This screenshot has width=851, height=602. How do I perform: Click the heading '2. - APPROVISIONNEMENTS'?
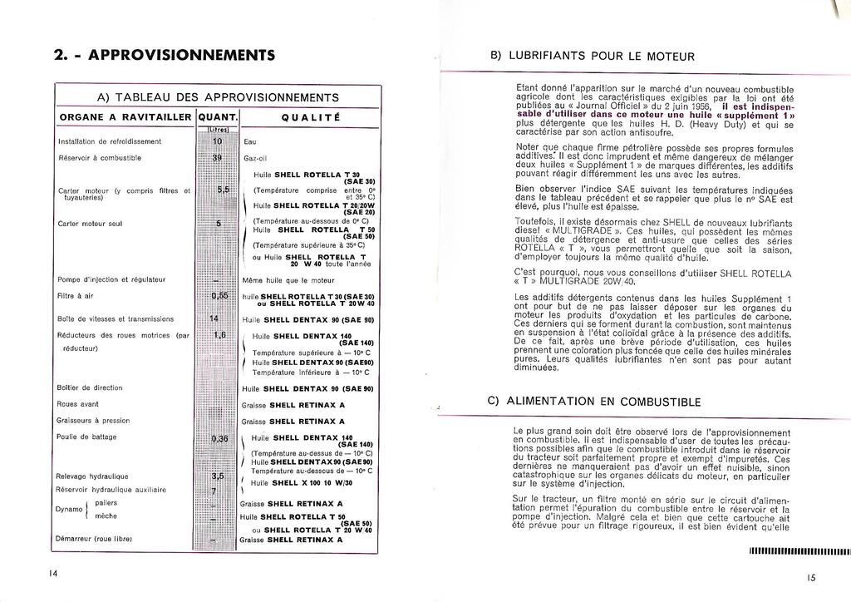pyautogui.click(x=164, y=56)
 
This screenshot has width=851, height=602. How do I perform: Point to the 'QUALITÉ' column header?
pyautogui.click(x=308, y=117)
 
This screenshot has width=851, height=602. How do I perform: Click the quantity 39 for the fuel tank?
pyautogui.click(x=218, y=157)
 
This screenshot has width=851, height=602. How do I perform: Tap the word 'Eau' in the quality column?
pyautogui.click(x=250, y=141)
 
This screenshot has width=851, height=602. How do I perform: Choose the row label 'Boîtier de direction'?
pyautogui.click(x=90, y=387)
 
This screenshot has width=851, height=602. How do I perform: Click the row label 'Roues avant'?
pyautogui.click(x=79, y=404)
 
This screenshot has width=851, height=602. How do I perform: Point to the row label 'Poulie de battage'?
pyautogui.click(x=87, y=437)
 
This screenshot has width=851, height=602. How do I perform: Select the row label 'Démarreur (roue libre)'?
pyautogui.click(x=95, y=540)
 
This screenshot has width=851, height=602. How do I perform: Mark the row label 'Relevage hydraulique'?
pyautogui.click(x=92, y=476)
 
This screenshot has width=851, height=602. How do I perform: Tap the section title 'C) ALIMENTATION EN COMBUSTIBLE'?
pyautogui.click(x=593, y=402)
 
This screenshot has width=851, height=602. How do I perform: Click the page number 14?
pyautogui.click(x=52, y=573)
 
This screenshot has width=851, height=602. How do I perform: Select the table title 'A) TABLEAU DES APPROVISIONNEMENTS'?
pyautogui.click(x=218, y=97)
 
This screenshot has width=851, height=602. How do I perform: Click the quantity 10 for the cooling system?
pyautogui.click(x=218, y=141)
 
